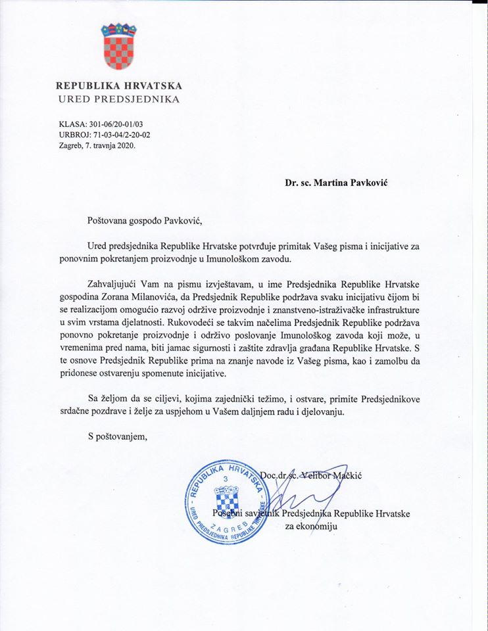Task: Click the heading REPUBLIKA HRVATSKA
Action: [119, 85]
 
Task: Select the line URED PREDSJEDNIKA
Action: [118, 99]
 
